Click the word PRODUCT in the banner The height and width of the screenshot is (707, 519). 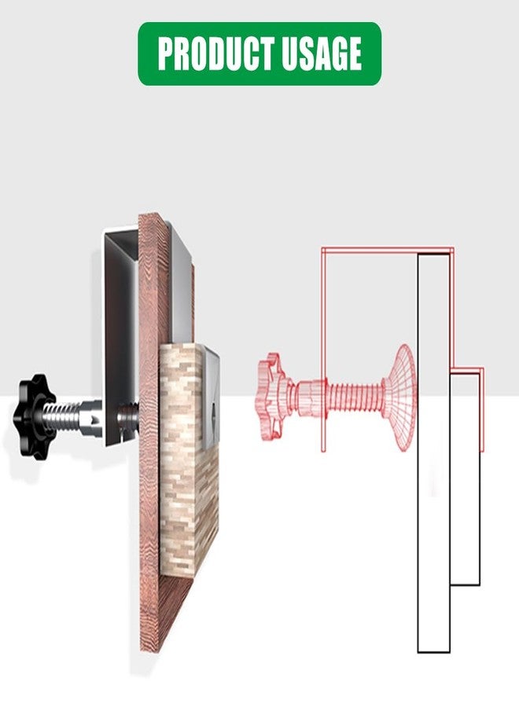[216, 53]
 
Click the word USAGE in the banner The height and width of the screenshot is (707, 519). [322, 53]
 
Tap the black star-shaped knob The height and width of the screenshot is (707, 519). [34, 403]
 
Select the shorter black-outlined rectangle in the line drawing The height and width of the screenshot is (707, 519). [466, 478]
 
